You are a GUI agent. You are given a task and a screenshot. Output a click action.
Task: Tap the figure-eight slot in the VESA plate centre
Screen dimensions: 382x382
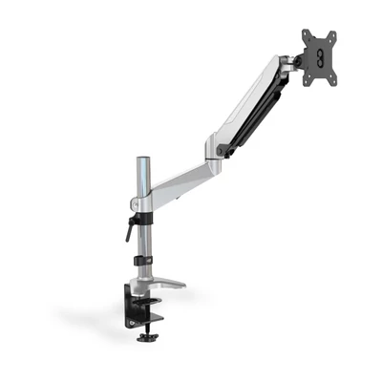coord(319,58)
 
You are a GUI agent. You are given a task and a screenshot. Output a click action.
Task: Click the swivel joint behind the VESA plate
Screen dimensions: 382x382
coord(291,64)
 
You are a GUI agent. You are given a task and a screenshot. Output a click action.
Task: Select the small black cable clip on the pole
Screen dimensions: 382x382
coord(143,260)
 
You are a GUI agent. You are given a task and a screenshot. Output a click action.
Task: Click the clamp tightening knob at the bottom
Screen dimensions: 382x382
coord(145,337)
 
